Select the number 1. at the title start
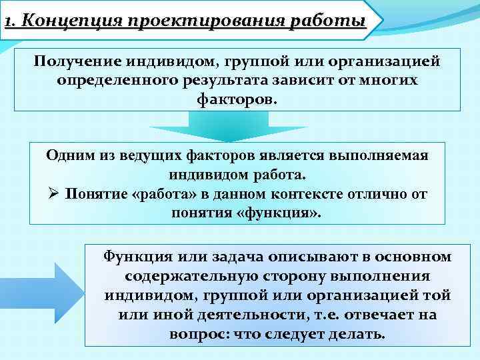(9, 21)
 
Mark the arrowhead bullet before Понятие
(55, 195)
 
